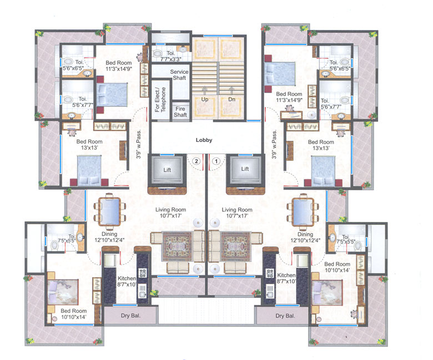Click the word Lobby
click(x=204, y=140)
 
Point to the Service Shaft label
click(x=179, y=75)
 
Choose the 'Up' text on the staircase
click(x=204, y=99)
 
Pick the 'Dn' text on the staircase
click(x=232, y=99)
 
